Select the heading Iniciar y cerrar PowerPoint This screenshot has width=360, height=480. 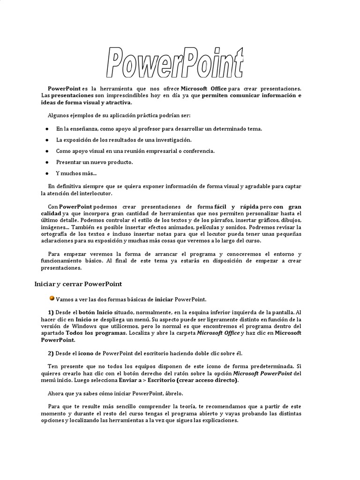click(x=78, y=284)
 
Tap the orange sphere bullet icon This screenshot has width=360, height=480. click(x=52, y=298)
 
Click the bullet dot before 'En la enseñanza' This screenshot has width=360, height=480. click(x=47, y=128)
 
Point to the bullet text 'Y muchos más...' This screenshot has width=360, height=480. click(x=76, y=173)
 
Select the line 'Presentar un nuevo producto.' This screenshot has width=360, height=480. click(x=94, y=162)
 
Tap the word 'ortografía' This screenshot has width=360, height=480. click(x=55, y=234)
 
